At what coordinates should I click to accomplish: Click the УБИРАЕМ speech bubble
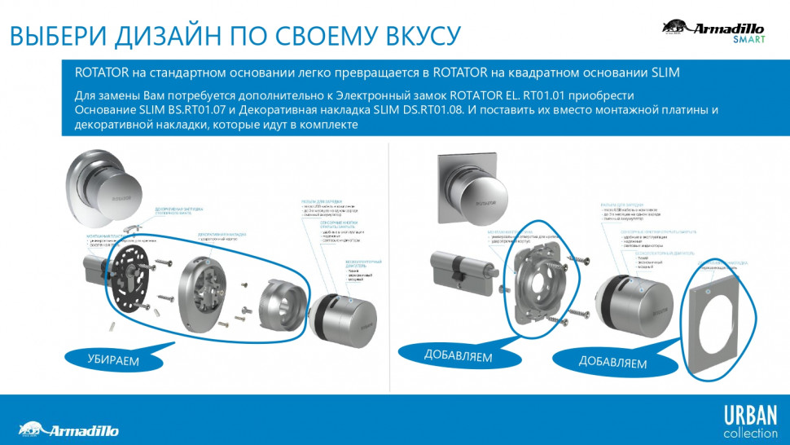click(113, 359)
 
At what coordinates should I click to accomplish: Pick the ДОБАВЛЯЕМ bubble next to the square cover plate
click(612, 361)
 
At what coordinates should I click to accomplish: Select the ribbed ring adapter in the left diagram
click(281, 306)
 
